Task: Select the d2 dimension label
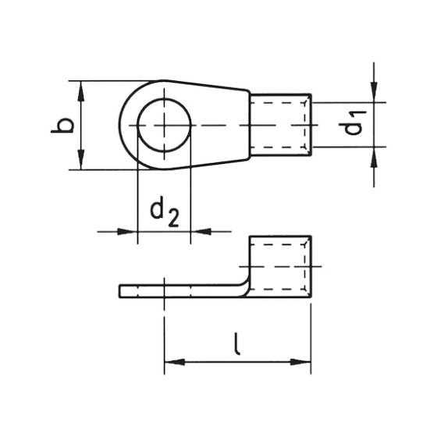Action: click(163, 210)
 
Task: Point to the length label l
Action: click(236, 341)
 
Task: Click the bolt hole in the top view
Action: click(164, 125)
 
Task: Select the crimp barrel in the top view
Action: click(281, 125)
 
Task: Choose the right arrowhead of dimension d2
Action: click(199, 231)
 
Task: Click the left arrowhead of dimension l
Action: click(172, 361)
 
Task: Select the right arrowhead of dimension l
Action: click(303, 361)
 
